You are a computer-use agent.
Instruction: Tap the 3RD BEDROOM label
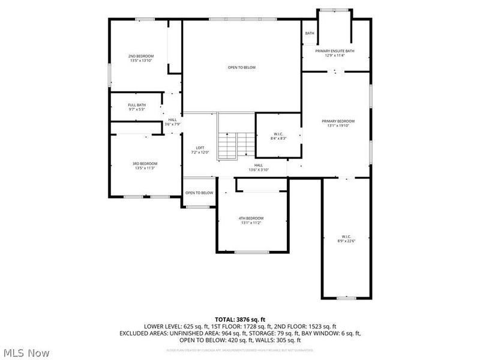pyautogui.click(x=145, y=164)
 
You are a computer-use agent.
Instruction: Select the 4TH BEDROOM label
pyautogui.click(x=251, y=218)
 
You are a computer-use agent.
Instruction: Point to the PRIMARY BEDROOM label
pyautogui.click(x=337, y=121)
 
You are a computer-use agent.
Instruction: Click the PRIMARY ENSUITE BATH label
pyautogui.click(x=340, y=51)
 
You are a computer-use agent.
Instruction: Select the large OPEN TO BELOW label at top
pyautogui.click(x=241, y=67)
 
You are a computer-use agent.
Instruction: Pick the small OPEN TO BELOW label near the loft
pyautogui.click(x=199, y=193)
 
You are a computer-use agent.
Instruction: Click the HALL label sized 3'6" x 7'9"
pyautogui.click(x=173, y=120)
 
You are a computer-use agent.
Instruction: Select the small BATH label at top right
pyautogui.click(x=309, y=34)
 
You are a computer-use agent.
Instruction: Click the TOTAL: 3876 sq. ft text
pyautogui.click(x=241, y=319)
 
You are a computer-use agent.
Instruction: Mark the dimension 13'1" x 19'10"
pyautogui.click(x=337, y=125)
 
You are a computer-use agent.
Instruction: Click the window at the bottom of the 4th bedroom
pyautogui.click(x=251, y=251)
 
